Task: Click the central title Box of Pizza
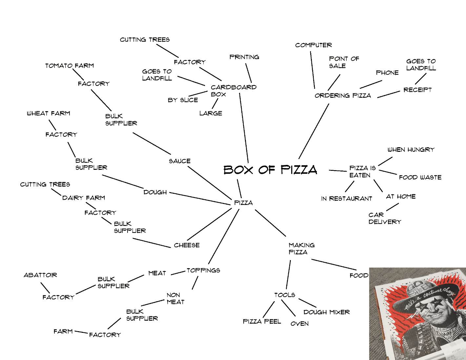coord(270,170)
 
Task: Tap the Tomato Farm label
coord(70,66)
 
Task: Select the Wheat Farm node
coord(49,113)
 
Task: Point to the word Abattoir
coord(40,275)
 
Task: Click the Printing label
coord(244,57)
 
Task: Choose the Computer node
coord(314,45)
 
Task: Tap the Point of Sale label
coord(344,62)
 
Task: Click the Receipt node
coord(417,90)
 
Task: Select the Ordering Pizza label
coord(343,96)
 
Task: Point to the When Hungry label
coord(411,150)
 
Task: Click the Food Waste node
coord(420,177)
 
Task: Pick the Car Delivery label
coord(385,218)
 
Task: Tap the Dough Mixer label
coord(327,312)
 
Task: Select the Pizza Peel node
coord(262,322)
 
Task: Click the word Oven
coord(299,324)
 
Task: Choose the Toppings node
coord(203,270)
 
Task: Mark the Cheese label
coord(187,245)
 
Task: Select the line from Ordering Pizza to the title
coord(314,131)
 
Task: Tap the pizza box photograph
coord(417,314)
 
